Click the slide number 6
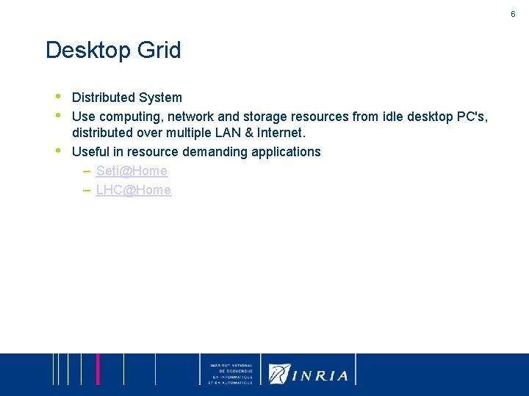click(513, 14)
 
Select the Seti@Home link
click(132, 171)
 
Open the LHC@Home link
click(133, 190)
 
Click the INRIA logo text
click(320, 375)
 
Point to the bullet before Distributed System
click(58, 96)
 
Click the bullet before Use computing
click(58, 115)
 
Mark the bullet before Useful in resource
click(58, 150)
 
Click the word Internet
click(281, 133)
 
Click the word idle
click(386, 116)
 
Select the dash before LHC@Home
click(87, 190)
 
